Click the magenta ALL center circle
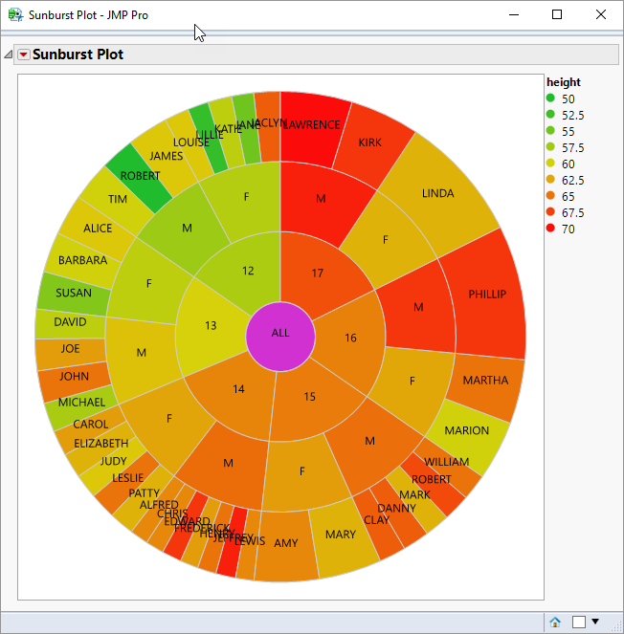[x=280, y=333]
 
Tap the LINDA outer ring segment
[x=438, y=193]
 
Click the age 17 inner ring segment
[x=318, y=273]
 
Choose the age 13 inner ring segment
[x=212, y=325]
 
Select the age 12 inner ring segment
[x=248, y=271]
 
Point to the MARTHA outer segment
[x=484, y=381]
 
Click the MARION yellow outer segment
[x=466, y=430]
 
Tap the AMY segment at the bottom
[x=286, y=543]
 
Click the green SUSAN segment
[x=74, y=293]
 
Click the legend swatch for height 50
[x=550, y=98]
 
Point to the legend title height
[x=564, y=82]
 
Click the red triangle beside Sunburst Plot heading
[x=24, y=55]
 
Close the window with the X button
[x=600, y=15]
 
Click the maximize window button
[x=557, y=15]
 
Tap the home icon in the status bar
[x=555, y=622]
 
